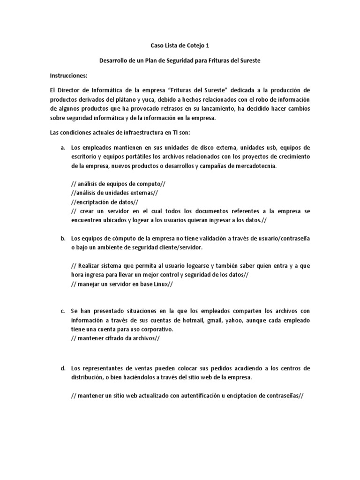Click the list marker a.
pos(62,148)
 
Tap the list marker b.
pos(62,238)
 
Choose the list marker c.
pos(62,311)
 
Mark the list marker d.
pos(62,368)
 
